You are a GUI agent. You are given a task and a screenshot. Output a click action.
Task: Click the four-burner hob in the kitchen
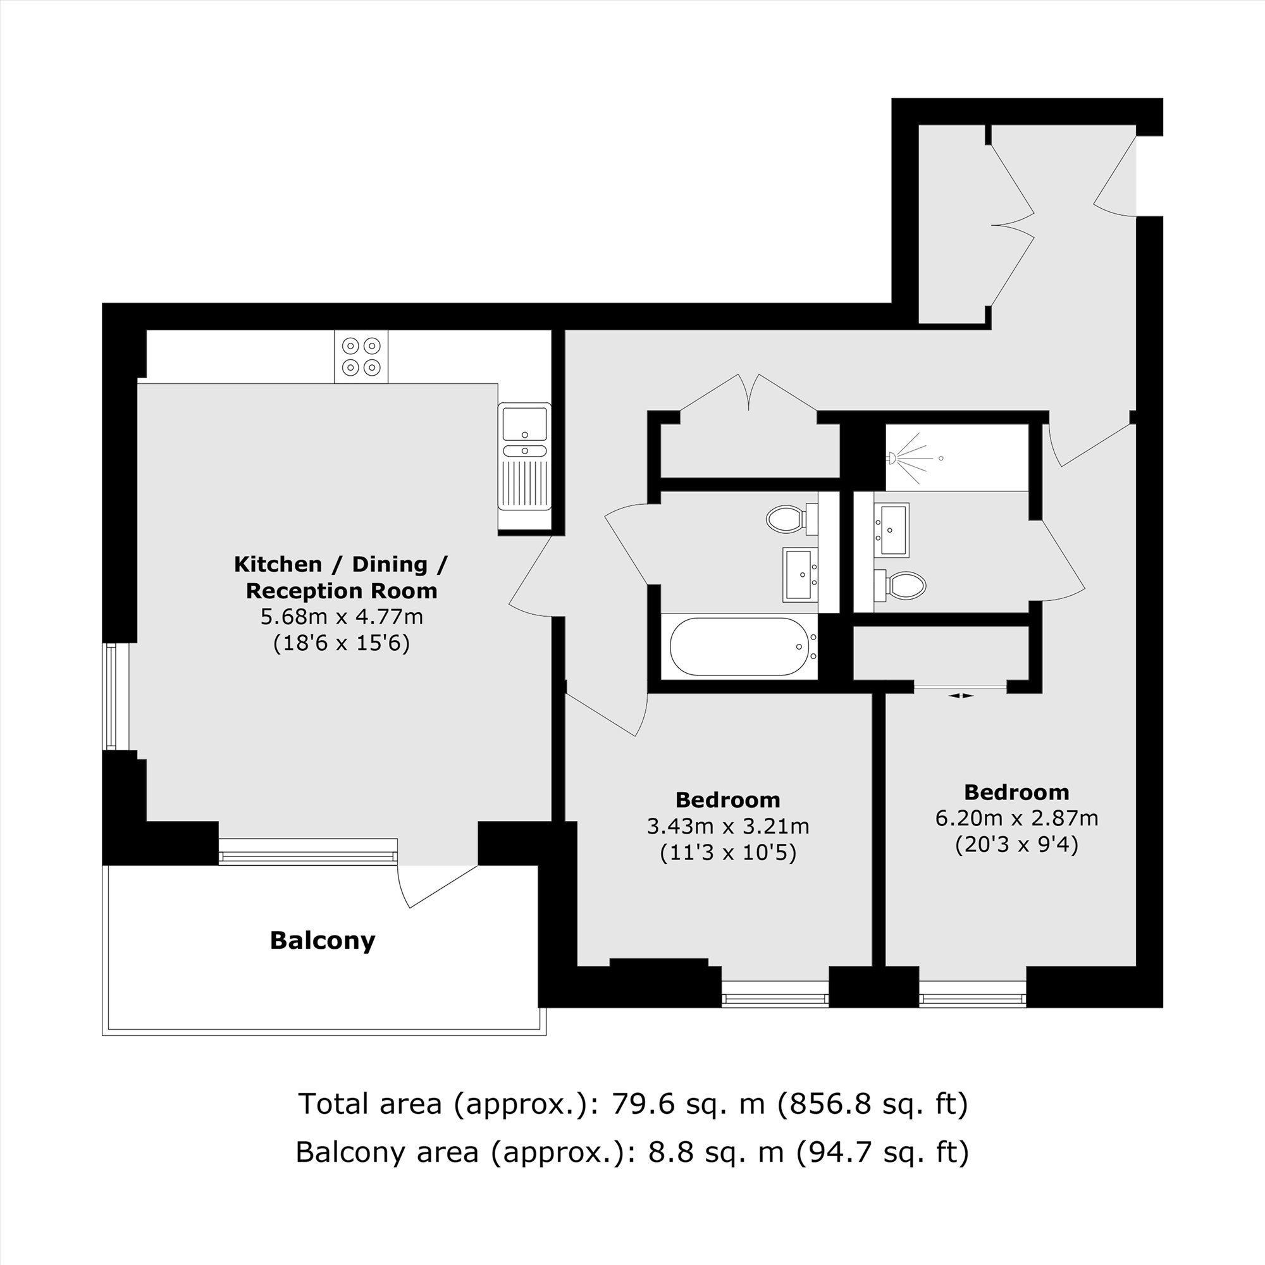click(361, 356)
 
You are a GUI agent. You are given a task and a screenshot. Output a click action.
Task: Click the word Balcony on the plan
click(323, 941)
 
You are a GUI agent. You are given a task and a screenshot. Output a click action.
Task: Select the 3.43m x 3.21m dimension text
click(728, 826)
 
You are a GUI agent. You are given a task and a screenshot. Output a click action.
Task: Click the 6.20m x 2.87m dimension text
click(1017, 818)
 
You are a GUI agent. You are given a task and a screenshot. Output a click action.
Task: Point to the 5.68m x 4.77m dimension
click(342, 617)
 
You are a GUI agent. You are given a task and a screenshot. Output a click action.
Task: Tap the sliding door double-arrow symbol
click(961, 696)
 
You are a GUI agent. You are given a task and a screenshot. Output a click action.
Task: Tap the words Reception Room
click(342, 591)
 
